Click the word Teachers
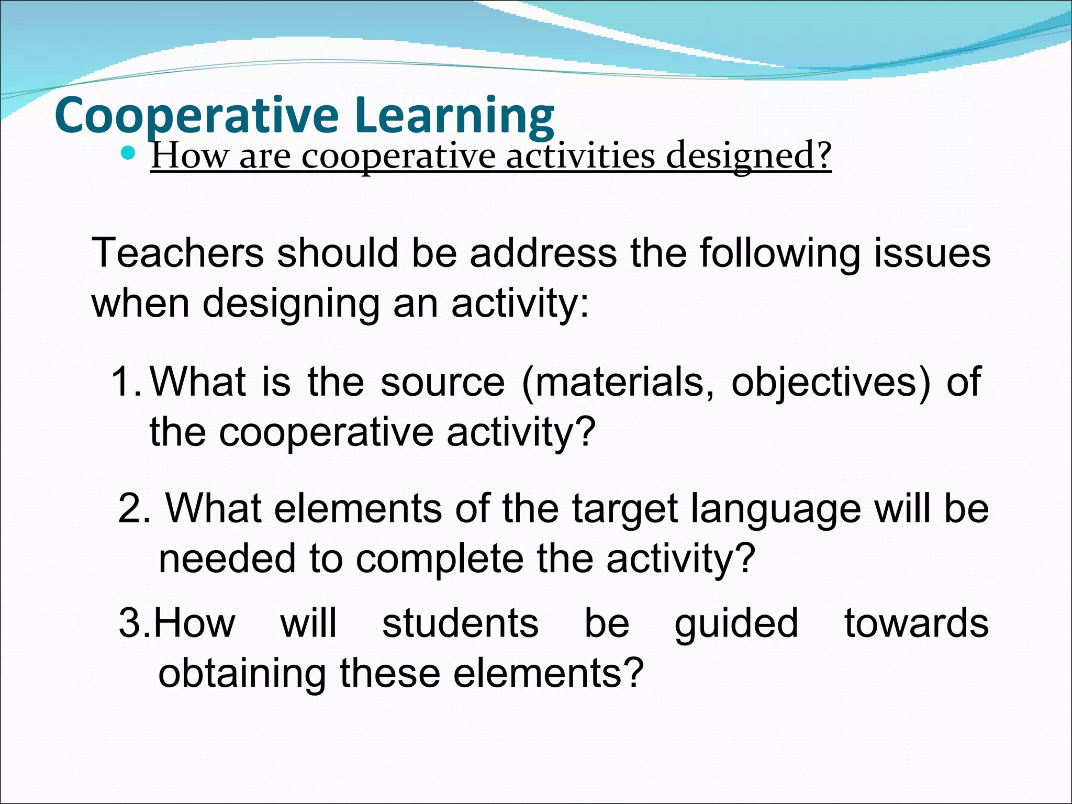[177, 253]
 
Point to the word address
[543, 253]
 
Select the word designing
[291, 304]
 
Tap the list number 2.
[134, 508]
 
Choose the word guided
[736, 624]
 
